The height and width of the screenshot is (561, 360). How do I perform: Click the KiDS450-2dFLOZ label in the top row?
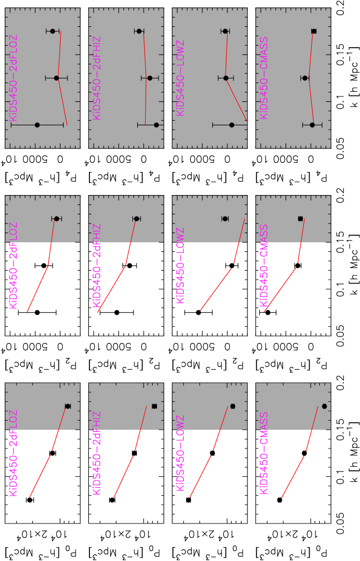point(14,78)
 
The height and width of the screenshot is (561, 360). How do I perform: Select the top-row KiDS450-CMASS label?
point(264,78)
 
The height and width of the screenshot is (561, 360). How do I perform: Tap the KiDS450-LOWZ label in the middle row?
point(181,266)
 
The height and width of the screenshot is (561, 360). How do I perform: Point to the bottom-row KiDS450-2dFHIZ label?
point(97,453)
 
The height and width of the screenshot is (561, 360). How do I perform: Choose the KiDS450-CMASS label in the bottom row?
point(264,453)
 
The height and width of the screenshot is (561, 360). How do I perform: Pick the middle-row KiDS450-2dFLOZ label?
point(14,266)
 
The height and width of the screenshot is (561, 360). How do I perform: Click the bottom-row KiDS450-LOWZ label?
point(181,453)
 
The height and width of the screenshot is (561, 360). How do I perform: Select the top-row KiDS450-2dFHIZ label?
point(97,78)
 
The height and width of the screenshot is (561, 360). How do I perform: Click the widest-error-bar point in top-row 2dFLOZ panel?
point(37,125)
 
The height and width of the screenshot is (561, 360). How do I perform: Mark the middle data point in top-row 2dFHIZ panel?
point(150,78)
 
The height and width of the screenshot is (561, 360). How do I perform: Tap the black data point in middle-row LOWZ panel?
point(225,219)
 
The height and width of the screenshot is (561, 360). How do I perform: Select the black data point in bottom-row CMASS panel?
point(324,406)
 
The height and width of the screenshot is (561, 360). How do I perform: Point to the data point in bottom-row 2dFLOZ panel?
point(67,406)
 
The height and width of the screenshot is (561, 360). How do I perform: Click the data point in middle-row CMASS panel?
point(301,219)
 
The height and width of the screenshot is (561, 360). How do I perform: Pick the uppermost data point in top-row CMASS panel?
point(314,31)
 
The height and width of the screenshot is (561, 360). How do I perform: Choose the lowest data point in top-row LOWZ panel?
point(231,125)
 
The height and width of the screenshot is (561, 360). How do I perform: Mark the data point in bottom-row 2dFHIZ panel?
point(154,406)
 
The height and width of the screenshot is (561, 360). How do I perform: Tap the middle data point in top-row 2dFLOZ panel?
point(56,78)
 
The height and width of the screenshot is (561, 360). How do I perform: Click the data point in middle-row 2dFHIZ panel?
point(137,219)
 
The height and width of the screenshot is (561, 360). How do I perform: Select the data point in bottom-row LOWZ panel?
point(232,406)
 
